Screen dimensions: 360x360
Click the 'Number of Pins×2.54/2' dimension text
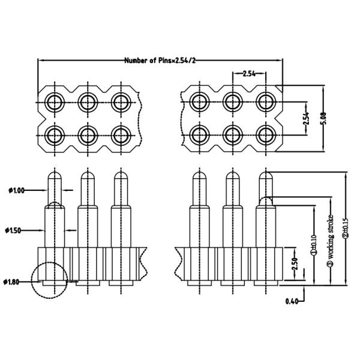click(x=161, y=61)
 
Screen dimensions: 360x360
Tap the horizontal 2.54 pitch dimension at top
click(x=249, y=74)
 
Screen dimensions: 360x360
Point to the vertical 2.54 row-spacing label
click(x=305, y=118)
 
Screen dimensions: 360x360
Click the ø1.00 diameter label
click(x=16, y=191)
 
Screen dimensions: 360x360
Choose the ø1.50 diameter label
click(x=16, y=230)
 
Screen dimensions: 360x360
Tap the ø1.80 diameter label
click(x=16, y=281)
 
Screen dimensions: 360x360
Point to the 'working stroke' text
click(x=330, y=240)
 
